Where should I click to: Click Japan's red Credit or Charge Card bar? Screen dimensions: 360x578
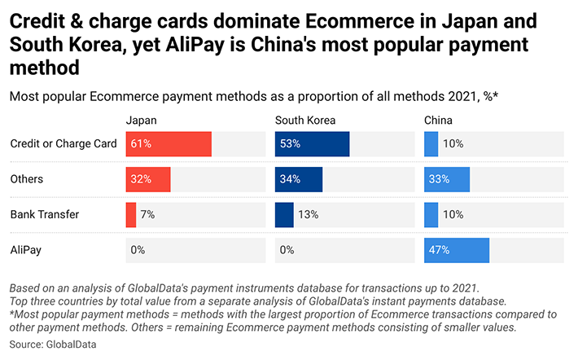tap(169, 144)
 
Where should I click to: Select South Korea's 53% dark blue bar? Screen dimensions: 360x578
tap(312, 144)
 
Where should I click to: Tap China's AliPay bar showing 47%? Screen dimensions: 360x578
tap(456, 250)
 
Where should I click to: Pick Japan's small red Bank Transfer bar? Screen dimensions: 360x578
tap(131, 215)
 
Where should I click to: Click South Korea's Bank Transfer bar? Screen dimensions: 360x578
tap(284, 215)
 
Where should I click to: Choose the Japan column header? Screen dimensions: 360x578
tap(141, 121)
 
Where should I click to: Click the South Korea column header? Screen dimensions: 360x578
tap(305, 121)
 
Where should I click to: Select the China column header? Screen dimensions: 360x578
tap(439, 121)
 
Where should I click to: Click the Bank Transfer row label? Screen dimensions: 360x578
tap(45, 215)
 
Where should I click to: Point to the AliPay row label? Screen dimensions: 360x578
tap(26, 250)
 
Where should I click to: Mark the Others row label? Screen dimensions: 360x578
tap(27, 179)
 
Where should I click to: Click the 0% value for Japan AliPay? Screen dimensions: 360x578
tap(138, 250)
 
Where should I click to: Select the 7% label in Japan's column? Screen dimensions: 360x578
tap(147, 215)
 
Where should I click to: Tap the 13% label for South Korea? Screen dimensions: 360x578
tap(309, 215)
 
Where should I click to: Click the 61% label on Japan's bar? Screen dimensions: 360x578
tap(141, 144)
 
